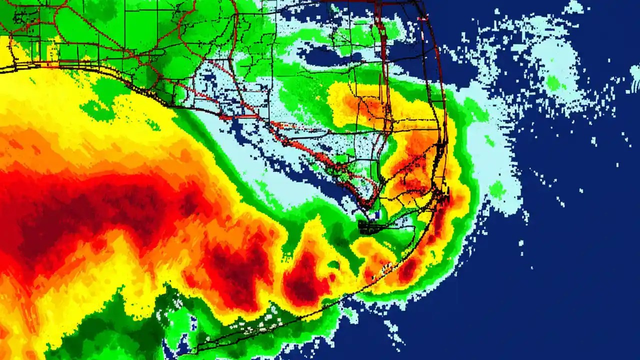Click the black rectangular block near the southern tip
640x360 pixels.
tap(373, 228)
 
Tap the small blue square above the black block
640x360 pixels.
tap(377, 214)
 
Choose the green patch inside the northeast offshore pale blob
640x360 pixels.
tap(552, 83)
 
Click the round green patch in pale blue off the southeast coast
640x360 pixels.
tap(496, 189)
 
